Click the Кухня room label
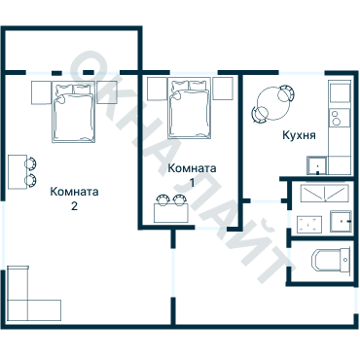299,135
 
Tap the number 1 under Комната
192,183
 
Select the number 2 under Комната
74,206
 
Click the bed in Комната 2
74,112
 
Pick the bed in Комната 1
189,109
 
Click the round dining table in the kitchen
273,104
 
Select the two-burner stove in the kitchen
340,118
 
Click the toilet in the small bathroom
331,260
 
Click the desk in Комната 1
171,213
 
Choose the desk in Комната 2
18,171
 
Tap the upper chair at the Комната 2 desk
31,163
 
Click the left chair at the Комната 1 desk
162,199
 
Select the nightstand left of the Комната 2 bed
42,92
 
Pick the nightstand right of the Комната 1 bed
223,89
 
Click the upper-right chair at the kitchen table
286,93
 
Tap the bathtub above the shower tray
324,194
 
